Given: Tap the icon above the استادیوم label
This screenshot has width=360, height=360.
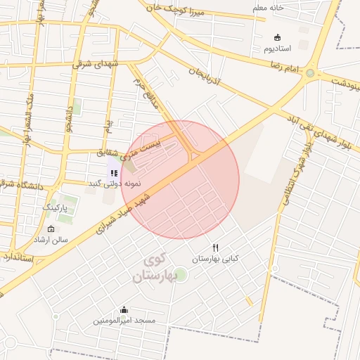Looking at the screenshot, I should click(x=278, y=37).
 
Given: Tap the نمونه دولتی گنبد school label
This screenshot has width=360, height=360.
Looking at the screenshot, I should click(x=114, y=183).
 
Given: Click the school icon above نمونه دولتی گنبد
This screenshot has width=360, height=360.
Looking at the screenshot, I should click(x=114, y=172).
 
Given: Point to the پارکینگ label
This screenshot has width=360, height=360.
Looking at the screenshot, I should click(x=58, y=208).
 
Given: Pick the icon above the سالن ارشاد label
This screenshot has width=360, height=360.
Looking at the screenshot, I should click(x=51, y=229).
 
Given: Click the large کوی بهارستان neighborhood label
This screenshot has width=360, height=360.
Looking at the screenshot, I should click(x=153, y=267).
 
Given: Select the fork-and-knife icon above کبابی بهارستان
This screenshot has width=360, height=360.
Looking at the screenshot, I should click(x=216, y=247).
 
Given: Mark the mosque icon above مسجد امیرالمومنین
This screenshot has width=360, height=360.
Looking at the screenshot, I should click(x=124, y=309).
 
